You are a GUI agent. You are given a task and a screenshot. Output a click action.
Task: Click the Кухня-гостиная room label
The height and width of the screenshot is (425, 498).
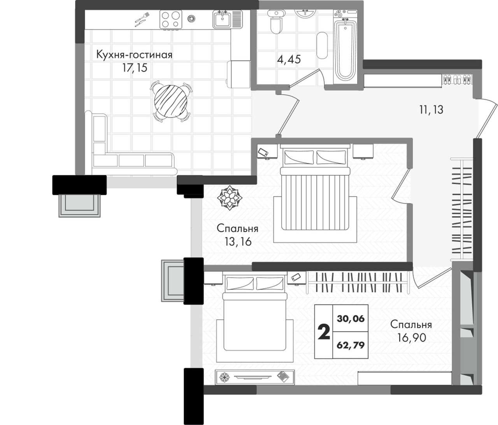(134, 55)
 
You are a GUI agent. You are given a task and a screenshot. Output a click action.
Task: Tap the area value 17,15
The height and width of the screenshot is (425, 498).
(135, 68)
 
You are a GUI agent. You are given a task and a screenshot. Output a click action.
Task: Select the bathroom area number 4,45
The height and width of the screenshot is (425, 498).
(289, 59)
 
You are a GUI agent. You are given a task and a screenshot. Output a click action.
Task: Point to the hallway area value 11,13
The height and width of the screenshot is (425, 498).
(431, 110)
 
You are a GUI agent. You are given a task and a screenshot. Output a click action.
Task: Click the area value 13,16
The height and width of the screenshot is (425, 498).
(238, 241)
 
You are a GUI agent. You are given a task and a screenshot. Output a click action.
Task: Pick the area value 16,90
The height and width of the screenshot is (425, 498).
(412, 338)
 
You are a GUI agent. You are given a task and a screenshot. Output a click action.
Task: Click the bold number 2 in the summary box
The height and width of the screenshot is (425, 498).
(324, 332)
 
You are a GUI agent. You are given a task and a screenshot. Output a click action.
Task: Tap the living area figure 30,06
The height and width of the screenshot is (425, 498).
(351, 319)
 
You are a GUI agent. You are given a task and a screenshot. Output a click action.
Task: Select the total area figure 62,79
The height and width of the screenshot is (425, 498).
(351, 345)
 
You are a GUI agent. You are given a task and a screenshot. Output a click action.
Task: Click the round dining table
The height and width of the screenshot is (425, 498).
(171, 101)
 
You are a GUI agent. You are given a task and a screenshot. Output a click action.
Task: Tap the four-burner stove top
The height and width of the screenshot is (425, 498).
(170, 19)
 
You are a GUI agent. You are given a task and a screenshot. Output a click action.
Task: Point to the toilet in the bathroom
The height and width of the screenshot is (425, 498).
(276, 21)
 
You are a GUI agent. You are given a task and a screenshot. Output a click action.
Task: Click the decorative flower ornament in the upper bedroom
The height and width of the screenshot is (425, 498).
(230, 198)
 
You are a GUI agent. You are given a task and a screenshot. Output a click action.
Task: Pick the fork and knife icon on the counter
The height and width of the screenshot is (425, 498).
(142, 19)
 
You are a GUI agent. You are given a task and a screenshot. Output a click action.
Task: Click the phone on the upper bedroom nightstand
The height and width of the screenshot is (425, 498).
(263, 152)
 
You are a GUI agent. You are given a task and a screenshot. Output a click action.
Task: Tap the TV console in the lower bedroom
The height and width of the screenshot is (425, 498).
(254, 377)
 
